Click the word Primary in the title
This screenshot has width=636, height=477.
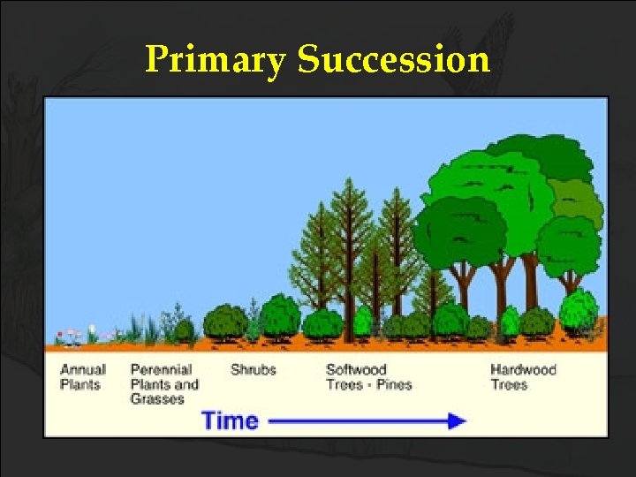click(216, 61)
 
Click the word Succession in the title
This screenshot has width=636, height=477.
click(393, 60)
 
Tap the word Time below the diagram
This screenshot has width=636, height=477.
click(230, 420)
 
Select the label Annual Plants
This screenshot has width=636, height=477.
click(83, 377)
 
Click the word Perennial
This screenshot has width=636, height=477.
click(162, 370)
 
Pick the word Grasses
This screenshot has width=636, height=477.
click(157, 398)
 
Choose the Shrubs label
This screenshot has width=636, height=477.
click(253, 370)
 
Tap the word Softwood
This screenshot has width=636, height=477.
click(356, 370)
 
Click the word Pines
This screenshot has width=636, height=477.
click(395, 384)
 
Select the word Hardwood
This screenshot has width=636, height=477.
click(523, 370)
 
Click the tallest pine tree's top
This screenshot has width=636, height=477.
click(352, 184)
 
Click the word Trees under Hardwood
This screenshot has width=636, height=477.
click(509, 384)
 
